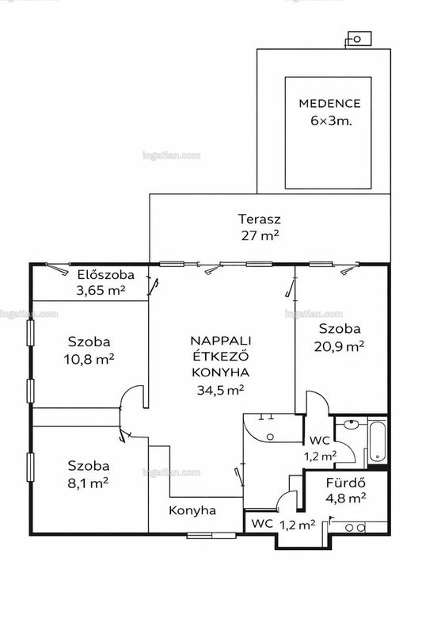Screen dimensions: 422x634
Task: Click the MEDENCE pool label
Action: tap(329, 104)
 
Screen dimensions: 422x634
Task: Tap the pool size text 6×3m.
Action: tap(331, 121)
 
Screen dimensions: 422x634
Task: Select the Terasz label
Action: tap(259, 220)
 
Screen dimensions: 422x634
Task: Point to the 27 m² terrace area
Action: tap(260, 235)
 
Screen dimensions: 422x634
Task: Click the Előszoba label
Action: tap(106, 275)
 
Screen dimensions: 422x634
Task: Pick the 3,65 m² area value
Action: tap(101, 290)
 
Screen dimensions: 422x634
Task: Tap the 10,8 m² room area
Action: tap(89, 359)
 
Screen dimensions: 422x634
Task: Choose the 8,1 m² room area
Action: tap(88, 483)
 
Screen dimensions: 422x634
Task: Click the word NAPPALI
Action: tap(220, 341)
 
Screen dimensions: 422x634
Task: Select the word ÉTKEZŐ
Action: tap(220, 356)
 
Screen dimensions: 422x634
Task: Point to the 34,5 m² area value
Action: tap(220, 390)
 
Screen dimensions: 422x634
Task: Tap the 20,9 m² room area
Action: tap(339, 346)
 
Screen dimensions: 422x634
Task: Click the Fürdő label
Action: tap(346, 483)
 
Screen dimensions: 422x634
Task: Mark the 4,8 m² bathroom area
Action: tap(346, 498)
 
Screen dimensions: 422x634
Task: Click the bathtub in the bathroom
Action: tap(377, 442)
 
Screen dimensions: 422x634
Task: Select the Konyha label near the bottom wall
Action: tap(192, 510)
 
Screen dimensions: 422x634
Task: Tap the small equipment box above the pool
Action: tap(359, 39)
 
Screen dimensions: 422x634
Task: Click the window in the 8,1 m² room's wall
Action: tap(30, 467)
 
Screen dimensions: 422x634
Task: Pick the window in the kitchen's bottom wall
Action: tap(211, 536)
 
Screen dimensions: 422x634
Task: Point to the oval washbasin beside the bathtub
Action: tap(351, 424)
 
